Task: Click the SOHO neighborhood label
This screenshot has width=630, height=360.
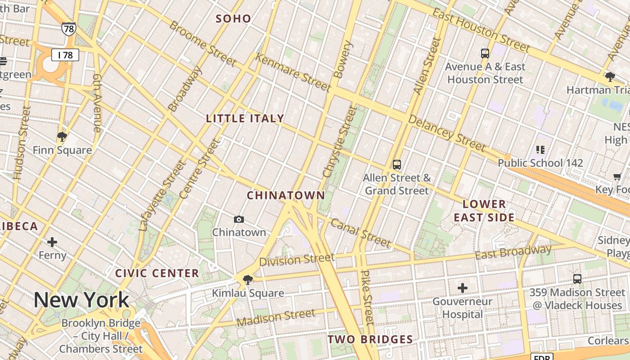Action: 233,18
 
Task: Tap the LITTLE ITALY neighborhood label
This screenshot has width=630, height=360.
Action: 245,118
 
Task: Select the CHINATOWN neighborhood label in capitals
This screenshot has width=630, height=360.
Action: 286,195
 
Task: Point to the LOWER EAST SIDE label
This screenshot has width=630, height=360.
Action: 484,211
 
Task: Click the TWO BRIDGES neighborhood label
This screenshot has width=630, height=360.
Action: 370,339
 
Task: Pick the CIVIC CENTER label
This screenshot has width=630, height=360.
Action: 157,273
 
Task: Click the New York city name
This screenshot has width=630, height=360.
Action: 81,300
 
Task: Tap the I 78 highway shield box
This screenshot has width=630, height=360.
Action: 65,55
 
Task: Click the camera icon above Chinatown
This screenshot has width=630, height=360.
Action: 239,219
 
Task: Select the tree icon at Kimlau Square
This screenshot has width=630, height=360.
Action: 247,280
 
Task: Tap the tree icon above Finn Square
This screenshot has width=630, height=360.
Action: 62,136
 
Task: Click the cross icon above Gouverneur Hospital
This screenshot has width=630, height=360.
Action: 463,288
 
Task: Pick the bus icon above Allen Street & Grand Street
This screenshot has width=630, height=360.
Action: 397,165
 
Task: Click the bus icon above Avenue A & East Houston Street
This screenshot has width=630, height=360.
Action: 485,54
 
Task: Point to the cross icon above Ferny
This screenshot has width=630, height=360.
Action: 52,242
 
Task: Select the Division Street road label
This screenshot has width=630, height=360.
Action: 297,260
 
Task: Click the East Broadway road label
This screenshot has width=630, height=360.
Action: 513,252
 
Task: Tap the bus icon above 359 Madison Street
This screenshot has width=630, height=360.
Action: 577,279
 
